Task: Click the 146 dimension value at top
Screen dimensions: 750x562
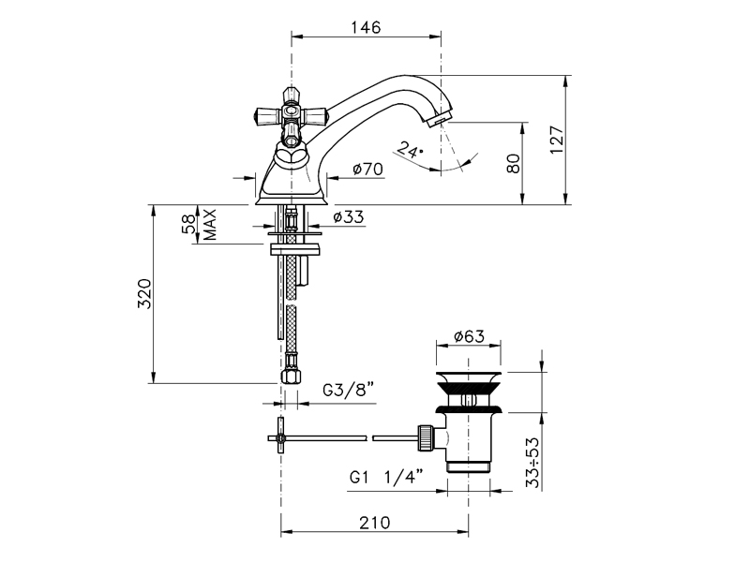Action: point(366,27)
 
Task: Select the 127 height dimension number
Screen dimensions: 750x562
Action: point(557,140)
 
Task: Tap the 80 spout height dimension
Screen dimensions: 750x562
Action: point(513,163)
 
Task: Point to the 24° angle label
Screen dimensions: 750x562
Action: point(411,150)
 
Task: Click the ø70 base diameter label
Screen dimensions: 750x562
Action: point(367,169)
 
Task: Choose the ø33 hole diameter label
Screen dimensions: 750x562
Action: point(349,217)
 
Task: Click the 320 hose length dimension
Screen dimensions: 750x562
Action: point(144,293)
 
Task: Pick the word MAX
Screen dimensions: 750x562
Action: point(209,225)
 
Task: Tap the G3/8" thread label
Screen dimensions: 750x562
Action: point(348,390)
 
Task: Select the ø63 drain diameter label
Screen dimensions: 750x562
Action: point(469,336)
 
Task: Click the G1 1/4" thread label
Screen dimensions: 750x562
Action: point(386,477)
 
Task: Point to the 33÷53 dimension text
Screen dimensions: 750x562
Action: point(532,462)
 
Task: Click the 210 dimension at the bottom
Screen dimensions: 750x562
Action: point(374,523)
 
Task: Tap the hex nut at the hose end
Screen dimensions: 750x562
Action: point(291,376)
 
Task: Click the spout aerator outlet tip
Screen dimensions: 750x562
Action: point(438,120)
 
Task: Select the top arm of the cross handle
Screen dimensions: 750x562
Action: point(291,96)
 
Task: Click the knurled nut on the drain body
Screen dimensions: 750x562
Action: point(426,437)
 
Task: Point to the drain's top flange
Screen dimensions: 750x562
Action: point(469,377)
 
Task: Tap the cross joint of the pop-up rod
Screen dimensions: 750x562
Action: point(280,437)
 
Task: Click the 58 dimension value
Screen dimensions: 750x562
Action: point(188,224)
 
